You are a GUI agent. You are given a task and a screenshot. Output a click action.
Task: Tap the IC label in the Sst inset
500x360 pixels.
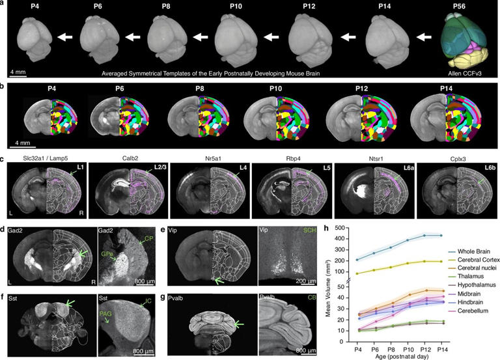(151, 301)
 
